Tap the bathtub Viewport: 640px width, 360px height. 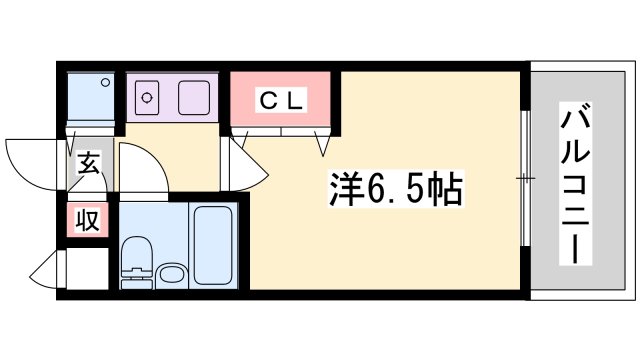click(x=217, y=245)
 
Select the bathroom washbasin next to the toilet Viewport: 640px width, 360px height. click(x=171, y=274)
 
